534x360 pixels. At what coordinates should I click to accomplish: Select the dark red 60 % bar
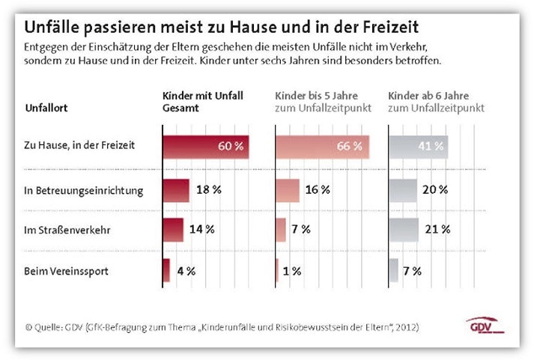tap(206, 146)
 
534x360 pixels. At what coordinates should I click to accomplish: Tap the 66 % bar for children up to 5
tap(322, 146)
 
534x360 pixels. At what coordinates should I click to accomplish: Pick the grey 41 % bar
tap(418, 146)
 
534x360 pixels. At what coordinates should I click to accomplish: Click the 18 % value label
tap(208, 189)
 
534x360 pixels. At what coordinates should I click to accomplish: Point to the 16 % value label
tap(318, 189)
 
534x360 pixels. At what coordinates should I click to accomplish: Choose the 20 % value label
tap(434, 189)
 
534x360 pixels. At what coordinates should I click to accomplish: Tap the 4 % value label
tap(186, 270)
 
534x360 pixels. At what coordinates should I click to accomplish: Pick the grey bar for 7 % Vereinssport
tap(393, 270)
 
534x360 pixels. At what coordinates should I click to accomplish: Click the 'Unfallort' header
tap(47, 108)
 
